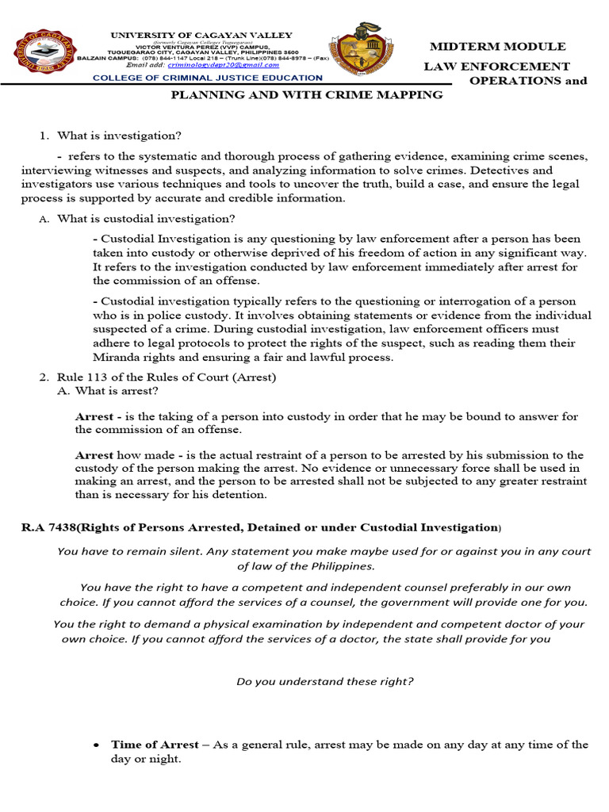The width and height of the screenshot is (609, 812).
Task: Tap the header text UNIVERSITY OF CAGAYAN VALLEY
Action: click(201, 36)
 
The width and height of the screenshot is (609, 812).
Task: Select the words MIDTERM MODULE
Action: click(497, 47)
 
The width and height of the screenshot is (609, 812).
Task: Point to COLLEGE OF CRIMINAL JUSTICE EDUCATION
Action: click(208, 78)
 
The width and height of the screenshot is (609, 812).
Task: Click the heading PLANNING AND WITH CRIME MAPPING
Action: click(308, 94)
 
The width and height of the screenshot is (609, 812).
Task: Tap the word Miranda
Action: click(113, 343)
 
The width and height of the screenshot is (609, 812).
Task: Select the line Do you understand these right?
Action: click(325, 681)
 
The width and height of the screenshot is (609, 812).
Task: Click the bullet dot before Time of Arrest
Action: click(96, 745)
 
